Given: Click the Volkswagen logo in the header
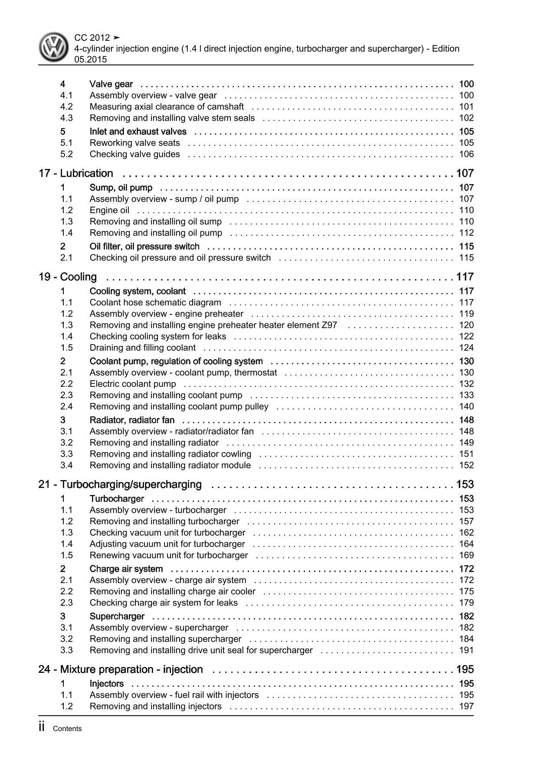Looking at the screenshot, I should coord(54,48).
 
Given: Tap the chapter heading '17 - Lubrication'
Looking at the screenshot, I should coord(76,173).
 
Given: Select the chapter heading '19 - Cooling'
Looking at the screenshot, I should coord(68,277).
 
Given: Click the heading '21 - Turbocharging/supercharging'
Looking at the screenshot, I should coord(120,484).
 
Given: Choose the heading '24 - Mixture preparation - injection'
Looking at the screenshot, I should coord(121,669).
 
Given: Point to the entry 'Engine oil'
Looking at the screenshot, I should coord(109,211).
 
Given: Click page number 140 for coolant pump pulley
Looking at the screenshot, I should coord(466,407).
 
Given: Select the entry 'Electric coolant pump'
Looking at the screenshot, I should coord(133,384).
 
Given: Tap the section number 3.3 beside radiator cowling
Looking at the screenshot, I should coord(66,454).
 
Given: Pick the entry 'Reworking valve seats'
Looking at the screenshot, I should coord(134,143).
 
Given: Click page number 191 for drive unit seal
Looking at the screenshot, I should coord(466,650).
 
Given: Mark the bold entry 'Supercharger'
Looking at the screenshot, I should coord(117,616).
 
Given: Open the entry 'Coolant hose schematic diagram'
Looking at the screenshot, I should coord(155,303).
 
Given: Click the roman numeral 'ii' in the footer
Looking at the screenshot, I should coord(42,728).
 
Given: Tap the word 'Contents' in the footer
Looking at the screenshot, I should coord(67,729).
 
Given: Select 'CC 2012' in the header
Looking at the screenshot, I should coord(92,38).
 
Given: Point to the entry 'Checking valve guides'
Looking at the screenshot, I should coord(134,154).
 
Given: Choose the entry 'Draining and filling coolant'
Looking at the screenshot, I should coord(143,348).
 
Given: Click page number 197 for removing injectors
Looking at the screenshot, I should coord(466,706).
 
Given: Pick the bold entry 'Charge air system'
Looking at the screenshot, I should coord(126,569).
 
